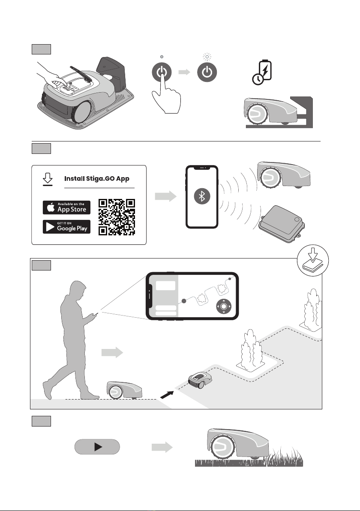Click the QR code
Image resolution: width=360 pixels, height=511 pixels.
(x=117, y=217)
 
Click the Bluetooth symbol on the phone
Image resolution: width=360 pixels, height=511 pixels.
(x=202, y=196)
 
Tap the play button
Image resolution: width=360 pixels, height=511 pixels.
(x=97, y=447)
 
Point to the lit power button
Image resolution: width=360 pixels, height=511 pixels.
(x=207, y=72)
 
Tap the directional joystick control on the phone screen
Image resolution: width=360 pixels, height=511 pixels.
(x=223, y=307)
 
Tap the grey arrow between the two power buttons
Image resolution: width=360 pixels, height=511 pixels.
(x=184, y=72)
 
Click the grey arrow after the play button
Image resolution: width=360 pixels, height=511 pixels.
(x=162, y=447)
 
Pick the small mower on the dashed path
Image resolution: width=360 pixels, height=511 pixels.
(x=199, y=378)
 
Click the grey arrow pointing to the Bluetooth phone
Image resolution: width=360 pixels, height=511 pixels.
(x=165, y=196)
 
